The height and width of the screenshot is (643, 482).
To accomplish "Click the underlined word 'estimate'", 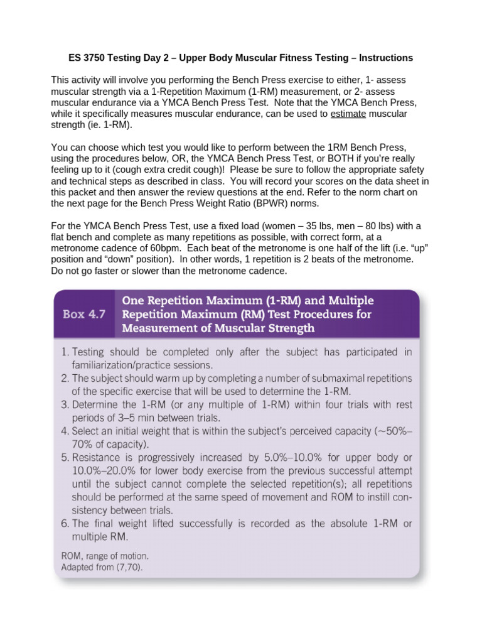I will click(x=347, y=114).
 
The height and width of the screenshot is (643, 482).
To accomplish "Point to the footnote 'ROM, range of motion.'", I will click(x=105, y=556).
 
